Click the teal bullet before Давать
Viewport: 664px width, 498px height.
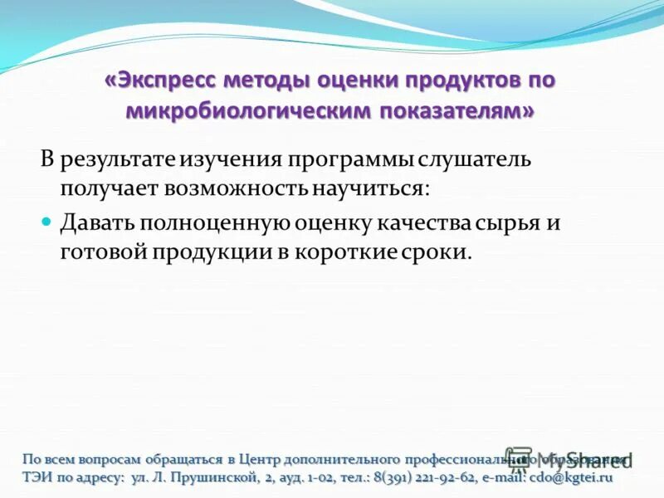pos(47,222)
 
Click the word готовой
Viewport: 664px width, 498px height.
pos(102,252)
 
